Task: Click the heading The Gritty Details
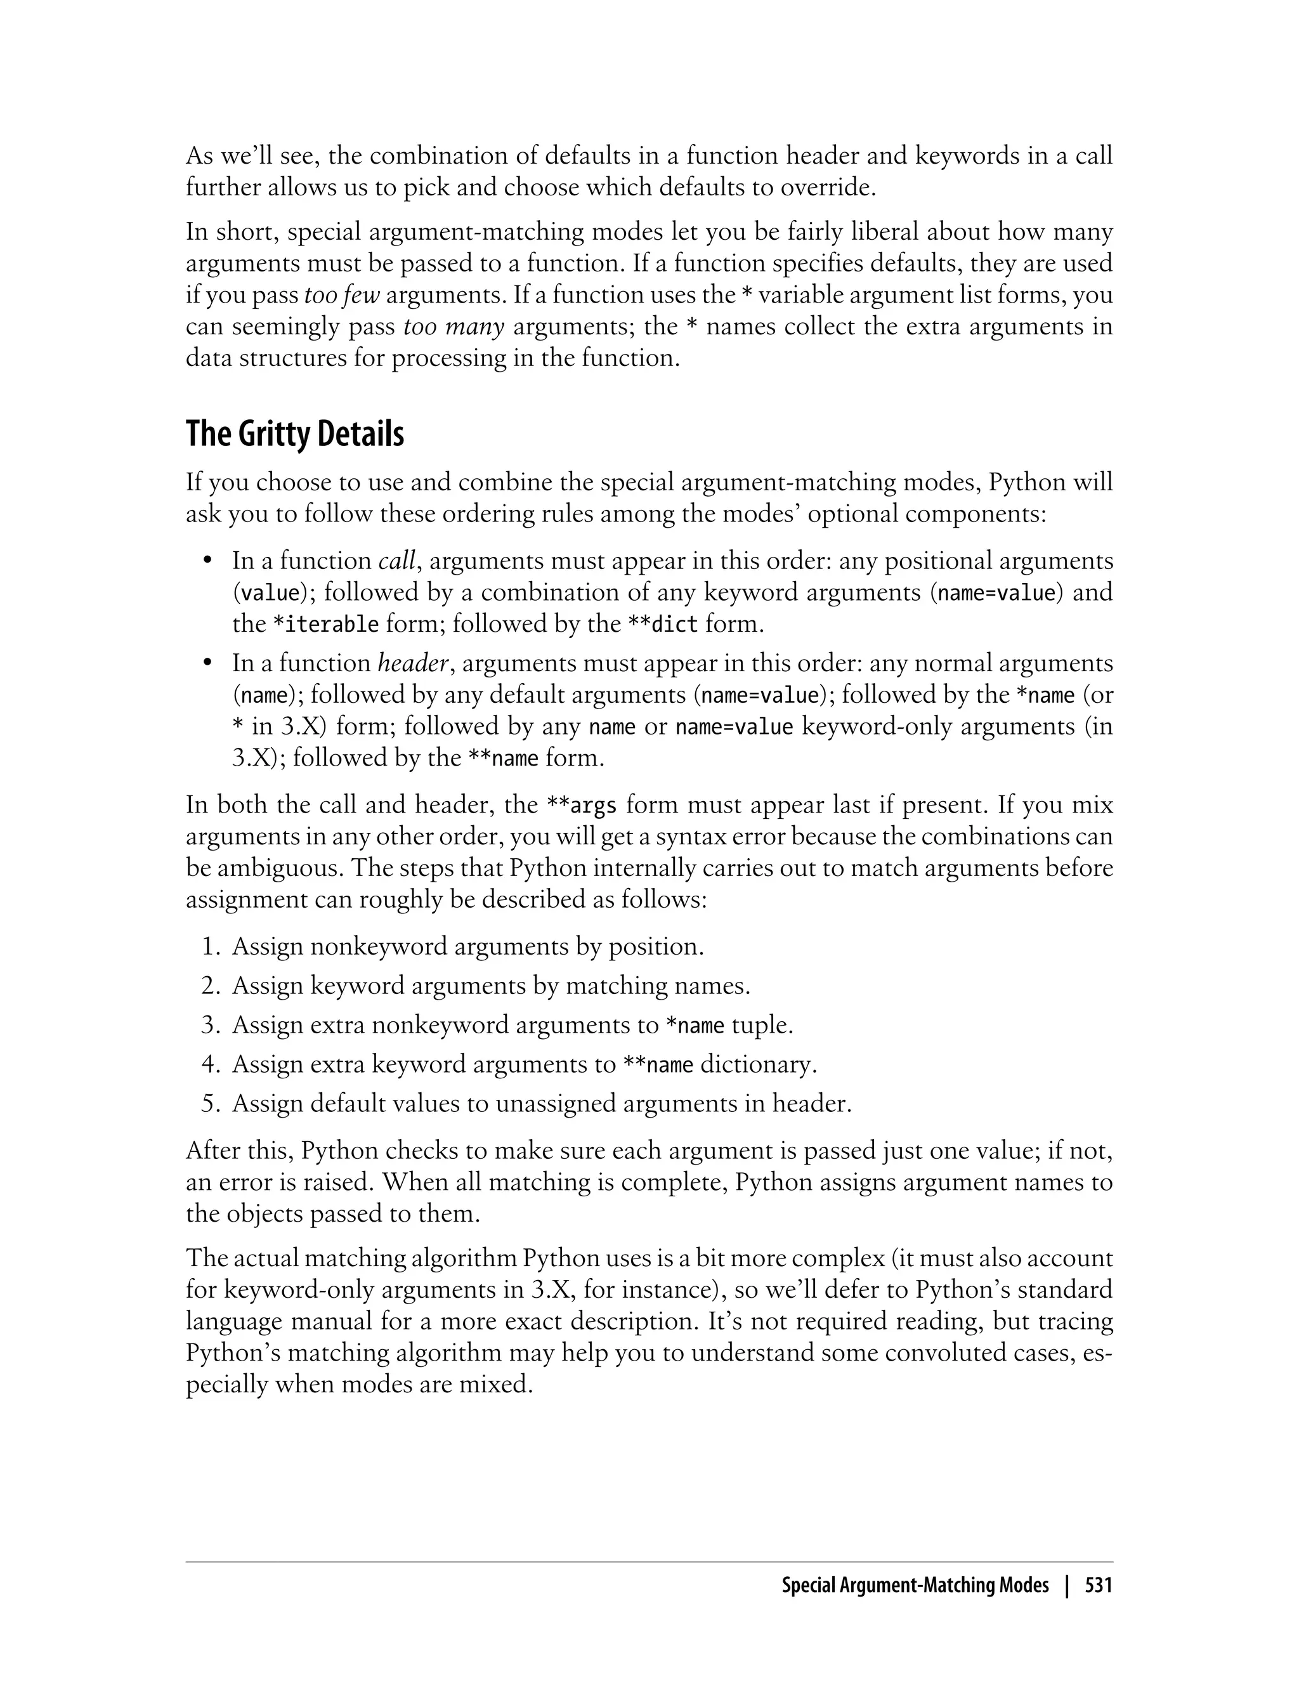pos(294,434)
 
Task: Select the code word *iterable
pos(326,624)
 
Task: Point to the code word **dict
pos(663,624)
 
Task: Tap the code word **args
pos(582,806)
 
